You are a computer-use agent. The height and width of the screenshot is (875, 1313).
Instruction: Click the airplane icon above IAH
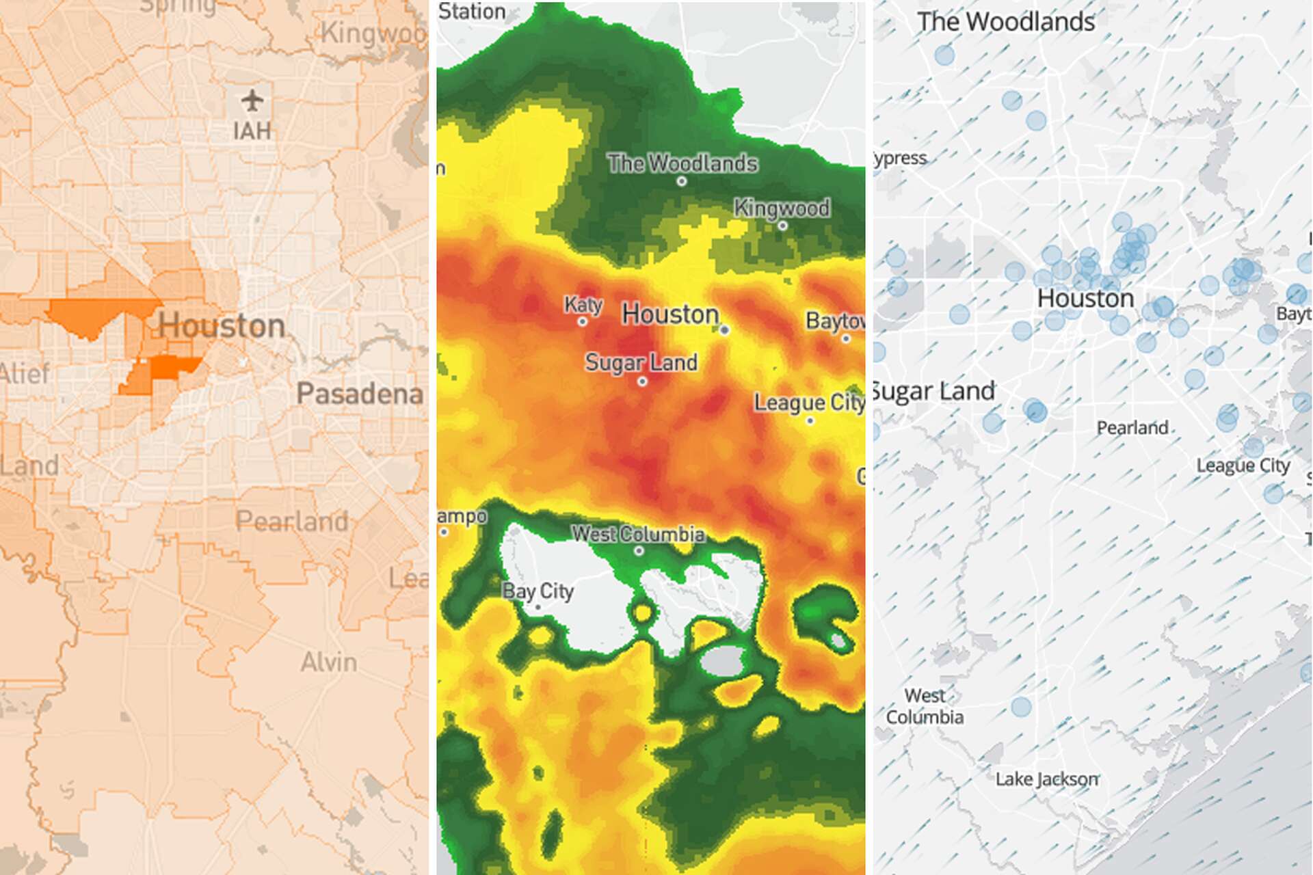point(252,101)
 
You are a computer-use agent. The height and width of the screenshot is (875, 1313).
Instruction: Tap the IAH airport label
point(252,131)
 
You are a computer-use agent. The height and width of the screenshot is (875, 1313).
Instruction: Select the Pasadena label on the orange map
point(360,394)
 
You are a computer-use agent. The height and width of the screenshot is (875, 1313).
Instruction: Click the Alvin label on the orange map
point(329,662)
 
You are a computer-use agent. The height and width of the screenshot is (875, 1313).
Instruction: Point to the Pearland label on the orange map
point(292,522)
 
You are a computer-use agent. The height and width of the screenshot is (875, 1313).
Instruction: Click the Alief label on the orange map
point(25,374)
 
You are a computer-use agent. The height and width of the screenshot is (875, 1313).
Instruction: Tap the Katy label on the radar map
point(583,305)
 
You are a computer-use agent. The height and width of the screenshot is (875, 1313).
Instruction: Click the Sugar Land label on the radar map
point(641,362)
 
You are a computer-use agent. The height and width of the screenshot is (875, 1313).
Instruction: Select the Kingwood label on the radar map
point(782,208)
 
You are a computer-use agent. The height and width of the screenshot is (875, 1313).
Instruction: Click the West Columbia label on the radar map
point(638,534)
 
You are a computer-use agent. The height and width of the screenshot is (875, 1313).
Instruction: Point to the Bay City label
point(538,591)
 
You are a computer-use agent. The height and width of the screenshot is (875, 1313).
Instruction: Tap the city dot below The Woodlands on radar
point(681,182)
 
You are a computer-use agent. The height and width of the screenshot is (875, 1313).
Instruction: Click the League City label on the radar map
point(809,403)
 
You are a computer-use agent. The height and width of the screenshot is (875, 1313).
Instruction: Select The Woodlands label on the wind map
point(1006,22)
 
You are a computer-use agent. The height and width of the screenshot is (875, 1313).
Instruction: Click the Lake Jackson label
point(1047,779)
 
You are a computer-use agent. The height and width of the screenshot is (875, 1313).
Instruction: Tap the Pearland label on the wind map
point(1132,428)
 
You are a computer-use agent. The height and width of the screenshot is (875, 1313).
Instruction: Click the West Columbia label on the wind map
point(925,706)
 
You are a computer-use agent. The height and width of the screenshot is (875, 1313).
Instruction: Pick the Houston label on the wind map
point(1086,298)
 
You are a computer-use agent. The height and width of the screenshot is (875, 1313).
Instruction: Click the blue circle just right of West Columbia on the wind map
point(1021,706)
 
